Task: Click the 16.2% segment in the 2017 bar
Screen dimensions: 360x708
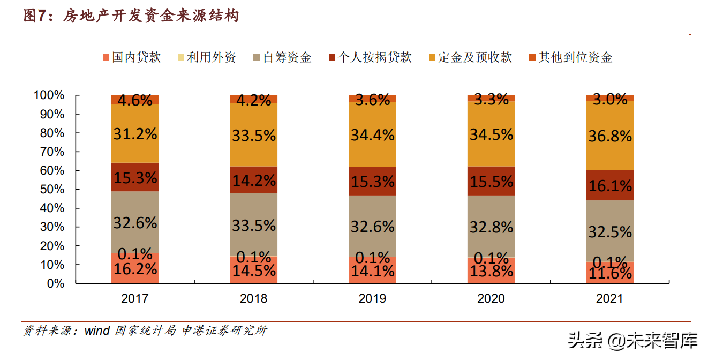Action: click(135, 268)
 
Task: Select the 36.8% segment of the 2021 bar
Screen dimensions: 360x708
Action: click(609, 136)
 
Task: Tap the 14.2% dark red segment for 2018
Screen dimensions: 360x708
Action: click(254, 179)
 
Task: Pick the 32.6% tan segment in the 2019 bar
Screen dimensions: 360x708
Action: click(372, 226)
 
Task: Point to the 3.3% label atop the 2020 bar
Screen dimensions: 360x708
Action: click(491, 99)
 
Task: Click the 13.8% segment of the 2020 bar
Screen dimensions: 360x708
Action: click(491, 271)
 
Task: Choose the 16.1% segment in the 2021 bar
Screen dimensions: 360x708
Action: click(609, 185)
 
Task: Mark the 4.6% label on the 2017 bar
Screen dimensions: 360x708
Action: click(135, 100)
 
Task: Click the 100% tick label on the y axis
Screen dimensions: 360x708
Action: click(50, 95)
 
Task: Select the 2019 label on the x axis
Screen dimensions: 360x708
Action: click(372, 298)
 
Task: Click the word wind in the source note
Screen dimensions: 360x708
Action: click(97, 331)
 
